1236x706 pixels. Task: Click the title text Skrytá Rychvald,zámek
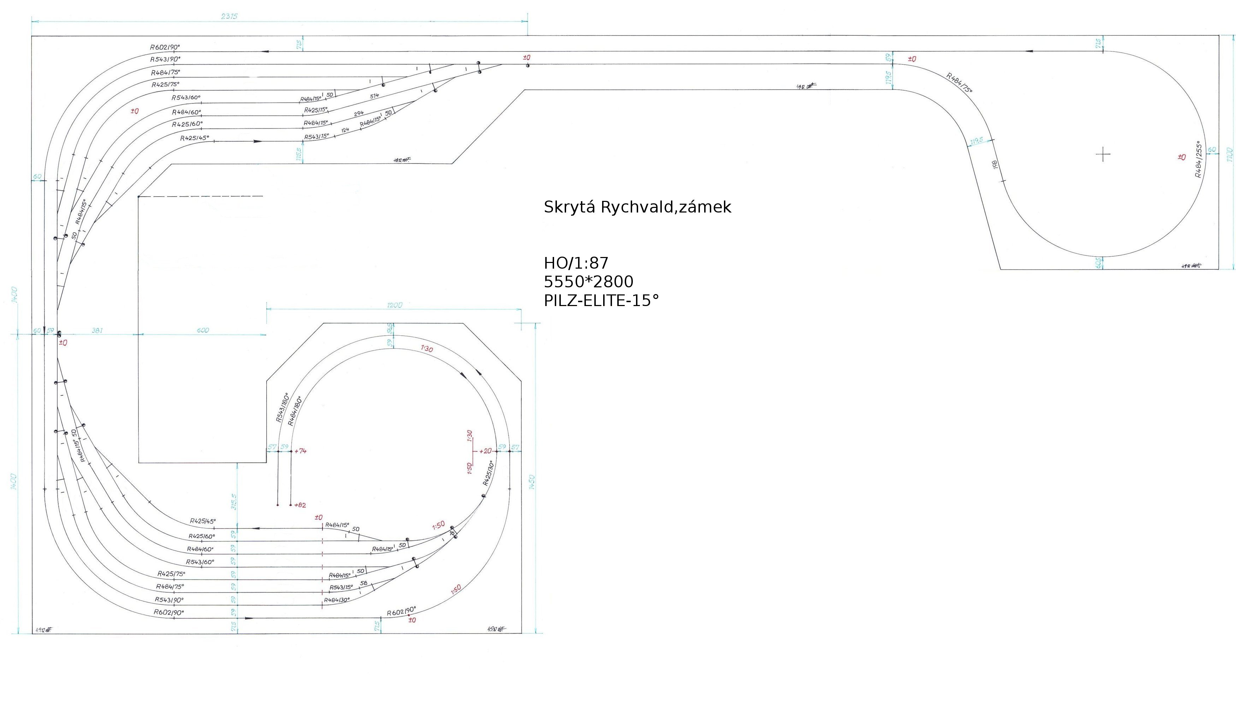pyautogui.click(x=637, y=207)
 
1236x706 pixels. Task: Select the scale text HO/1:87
pyautogui.click(x=576, y=263)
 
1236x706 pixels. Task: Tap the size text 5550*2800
pyautogui.click(x=588, y=282)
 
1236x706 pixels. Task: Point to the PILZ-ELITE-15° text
pyautogui.click(x=601, y=301)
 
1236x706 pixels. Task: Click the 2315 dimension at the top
pyautogui.click(x=229, y=17)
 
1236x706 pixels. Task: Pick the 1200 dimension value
pyautogui.click(x=394, y=305)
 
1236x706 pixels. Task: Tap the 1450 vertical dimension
pyautogui.click(x=532, y=483)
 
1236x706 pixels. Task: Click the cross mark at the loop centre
pyautogui.click(x=1103, y=155)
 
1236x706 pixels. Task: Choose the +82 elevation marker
pyautogui.click(x=300, y=505)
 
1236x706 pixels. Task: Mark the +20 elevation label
pyautogui.click(x=485, y=451)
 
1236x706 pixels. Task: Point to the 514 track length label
pyautogui.click(x=374, y=96)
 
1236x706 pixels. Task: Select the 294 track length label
pyautogui.click(x=359, y=113)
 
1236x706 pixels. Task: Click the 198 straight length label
pyautogui.click(x=995, y=165)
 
